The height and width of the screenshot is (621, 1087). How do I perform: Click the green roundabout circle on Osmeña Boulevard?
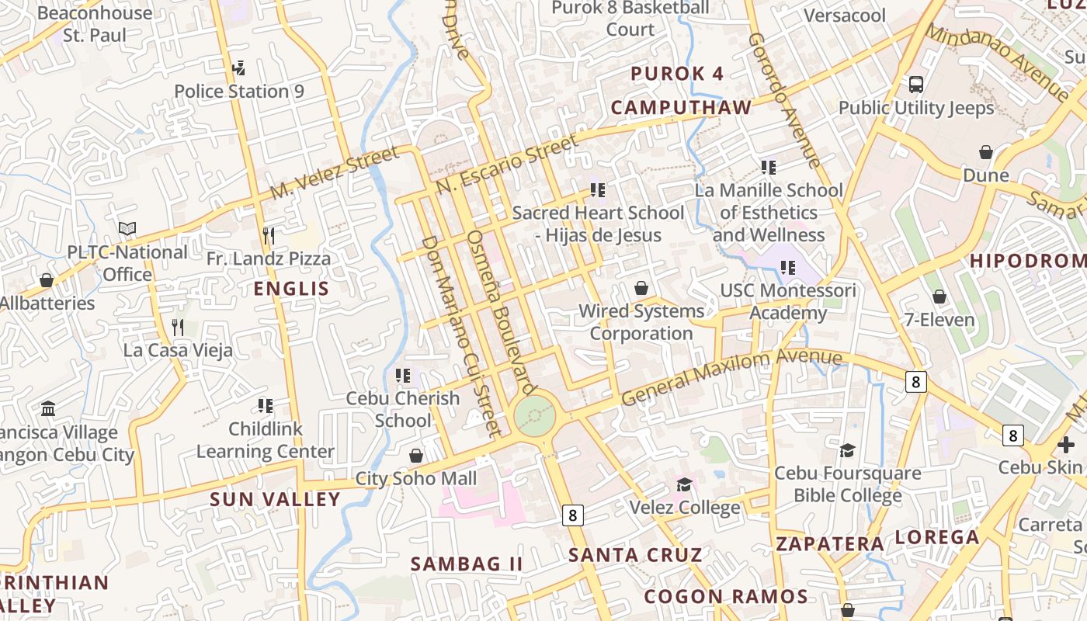pyautogui.click(x=535, y=416)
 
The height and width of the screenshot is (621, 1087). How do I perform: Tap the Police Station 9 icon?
pyautogui.click(x=239, y=68)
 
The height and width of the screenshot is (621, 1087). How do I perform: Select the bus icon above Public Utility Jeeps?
pyautogui.click(x=916, y=85)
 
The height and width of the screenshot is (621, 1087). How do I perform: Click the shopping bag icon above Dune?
pyautogui.click(x=986, y=152)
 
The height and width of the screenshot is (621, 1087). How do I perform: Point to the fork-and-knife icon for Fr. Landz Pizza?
pyautogui.click(x=269, y=235)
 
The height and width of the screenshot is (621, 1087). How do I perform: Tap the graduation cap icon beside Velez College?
pyautogui.click(x=684, y=485)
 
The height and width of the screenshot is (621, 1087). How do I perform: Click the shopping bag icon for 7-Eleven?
pyautogui.click(x=939, y=297)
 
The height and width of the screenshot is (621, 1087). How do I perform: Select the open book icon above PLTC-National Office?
pyautogui.click(x=127, y=229)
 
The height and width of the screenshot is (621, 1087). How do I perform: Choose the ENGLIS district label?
pyautogui.click(x=292, y=289)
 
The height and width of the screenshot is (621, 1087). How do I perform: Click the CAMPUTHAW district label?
pyautogui.click(x=681, y=107)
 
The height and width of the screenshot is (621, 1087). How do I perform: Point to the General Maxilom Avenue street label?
pyautogui.click(x=731, y=377)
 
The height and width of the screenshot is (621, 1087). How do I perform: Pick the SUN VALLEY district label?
pyautogui.click(x=275, y=499)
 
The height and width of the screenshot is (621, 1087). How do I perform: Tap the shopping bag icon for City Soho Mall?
pyautogui.click(x=416, y=456)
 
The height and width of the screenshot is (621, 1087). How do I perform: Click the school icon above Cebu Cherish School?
pyautogui.click(x=403, y=376)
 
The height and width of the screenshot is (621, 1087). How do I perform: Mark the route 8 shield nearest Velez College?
pyautogui.click(x=573, y=515)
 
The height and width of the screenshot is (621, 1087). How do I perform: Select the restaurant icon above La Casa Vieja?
pyautogui.click(x=178, y=327)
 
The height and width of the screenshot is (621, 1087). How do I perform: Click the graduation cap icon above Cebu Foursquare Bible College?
pyautogui.click(x=848, y=450)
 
